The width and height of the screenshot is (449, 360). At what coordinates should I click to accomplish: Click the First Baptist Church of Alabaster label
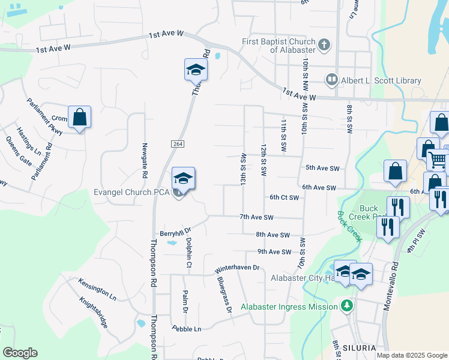[279, 46]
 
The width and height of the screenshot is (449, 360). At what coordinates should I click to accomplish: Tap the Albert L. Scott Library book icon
[331, 79]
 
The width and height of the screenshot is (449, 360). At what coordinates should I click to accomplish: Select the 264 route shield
[181, 144]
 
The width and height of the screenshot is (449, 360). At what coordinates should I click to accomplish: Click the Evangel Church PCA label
[132, 193]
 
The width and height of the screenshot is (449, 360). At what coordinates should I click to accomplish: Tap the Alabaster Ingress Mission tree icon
[346, 307]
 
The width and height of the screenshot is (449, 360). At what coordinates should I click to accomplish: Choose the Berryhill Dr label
[175, 230]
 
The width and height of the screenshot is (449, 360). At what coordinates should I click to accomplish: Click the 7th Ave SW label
[256, 217]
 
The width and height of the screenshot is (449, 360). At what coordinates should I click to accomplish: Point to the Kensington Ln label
[97, 289]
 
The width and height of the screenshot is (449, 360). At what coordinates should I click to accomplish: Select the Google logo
[20, 353]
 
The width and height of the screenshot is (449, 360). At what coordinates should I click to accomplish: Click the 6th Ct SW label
[284, 197]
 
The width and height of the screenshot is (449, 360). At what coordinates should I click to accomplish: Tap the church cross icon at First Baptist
[324, 44]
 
